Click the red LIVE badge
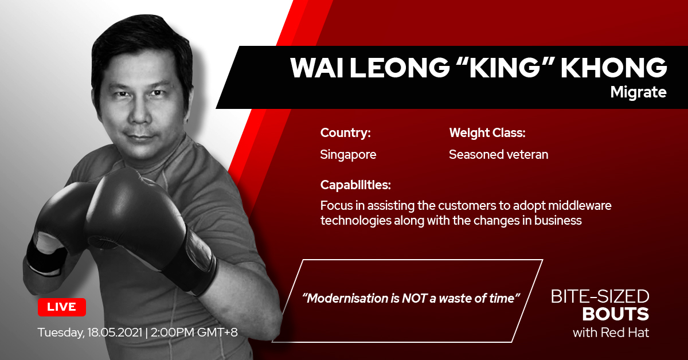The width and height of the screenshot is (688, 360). point(62,307)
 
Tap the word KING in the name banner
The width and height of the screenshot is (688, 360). point(505,67)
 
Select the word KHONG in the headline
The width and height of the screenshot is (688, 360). point(613,67)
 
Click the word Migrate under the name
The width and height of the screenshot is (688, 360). point(638,92)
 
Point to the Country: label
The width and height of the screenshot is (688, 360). point(346,133)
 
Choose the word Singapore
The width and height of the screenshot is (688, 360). point(348,155)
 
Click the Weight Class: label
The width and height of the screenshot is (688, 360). point(487,133)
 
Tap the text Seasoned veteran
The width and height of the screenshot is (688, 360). point(498,155)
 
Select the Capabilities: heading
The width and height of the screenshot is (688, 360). point(355,185)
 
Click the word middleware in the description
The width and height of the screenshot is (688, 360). point(580,205)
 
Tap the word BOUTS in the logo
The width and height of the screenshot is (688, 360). point(616,314)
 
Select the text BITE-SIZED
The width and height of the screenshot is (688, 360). point(600,296)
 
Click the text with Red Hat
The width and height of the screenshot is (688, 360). point(611,332)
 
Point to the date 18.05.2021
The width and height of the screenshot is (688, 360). point(115,332)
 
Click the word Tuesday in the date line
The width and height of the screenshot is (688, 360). point(61,332)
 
